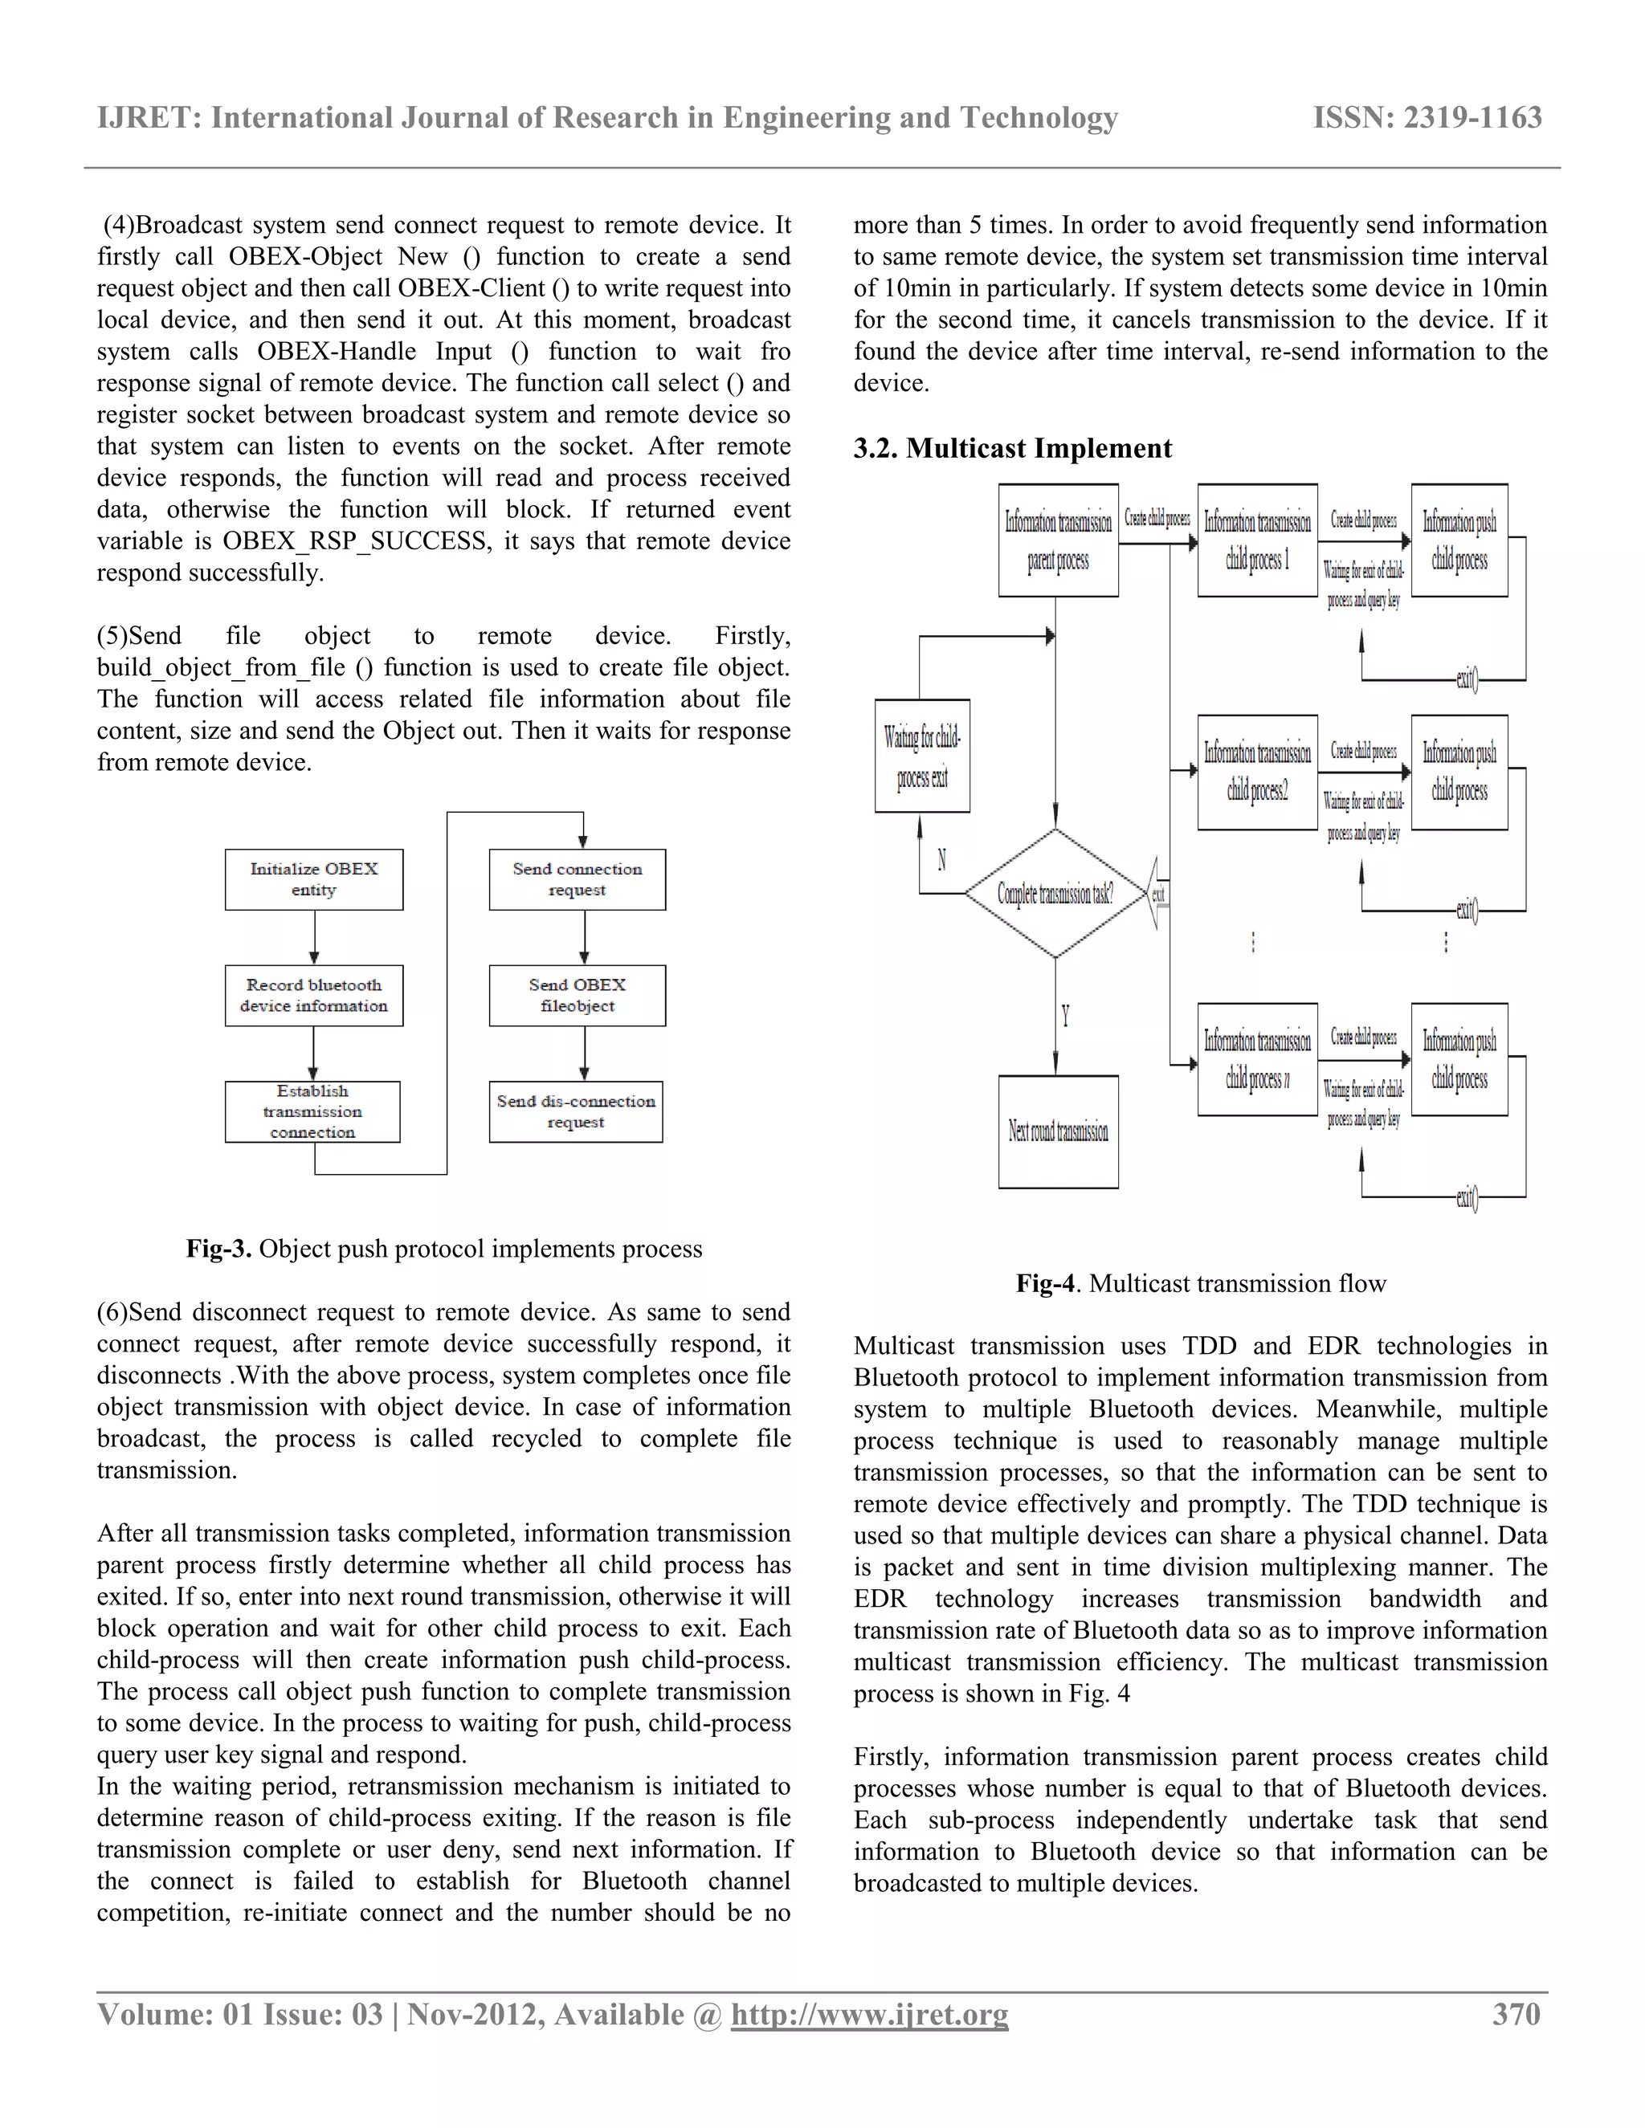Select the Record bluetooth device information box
tap(314, 995)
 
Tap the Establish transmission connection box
tap(312, 1111)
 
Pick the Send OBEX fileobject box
tap(577, 995)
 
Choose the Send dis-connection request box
tap(576, 1111)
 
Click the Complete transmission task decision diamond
tap(1055, 892)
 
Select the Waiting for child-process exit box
tap(922, 756)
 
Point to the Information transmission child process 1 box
tap(1257, 540)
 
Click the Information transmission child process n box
tap(1257, 1059)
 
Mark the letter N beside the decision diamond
tap(941, 859)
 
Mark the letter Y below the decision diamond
tap(1065, 1017)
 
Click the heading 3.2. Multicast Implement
tap(1013, 448)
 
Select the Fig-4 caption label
tap(1045, 1283)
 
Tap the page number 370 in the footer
tap(1516, 2013)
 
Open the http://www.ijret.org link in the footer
tap(869, 2014)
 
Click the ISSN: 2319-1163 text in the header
tap(1427, 118)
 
